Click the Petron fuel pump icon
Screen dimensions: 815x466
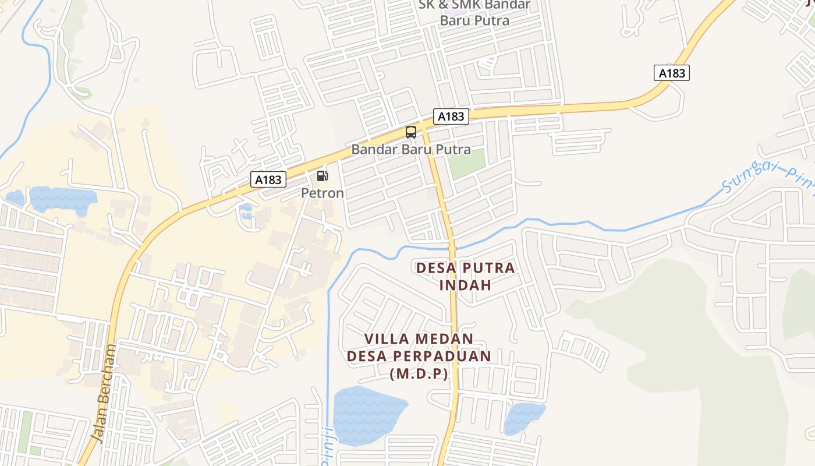[322, 176]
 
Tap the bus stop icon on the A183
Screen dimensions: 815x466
[411, 132]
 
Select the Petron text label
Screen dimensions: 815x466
[322, 193]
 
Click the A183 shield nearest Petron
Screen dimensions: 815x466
[268, 179]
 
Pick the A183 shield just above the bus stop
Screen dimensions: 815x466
[451, 116]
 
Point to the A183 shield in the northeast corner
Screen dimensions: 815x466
[672, 73]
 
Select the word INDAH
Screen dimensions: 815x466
[465, 285]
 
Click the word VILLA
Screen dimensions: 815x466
[385, 338]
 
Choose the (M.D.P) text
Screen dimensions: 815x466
[419, 374]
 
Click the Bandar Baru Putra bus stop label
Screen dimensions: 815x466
[411, 150]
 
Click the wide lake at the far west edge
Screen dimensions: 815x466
[61, 199]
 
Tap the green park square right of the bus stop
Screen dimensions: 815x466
[466, 164]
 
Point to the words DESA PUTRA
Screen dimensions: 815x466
[465, 268]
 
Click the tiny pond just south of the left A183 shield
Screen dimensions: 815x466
[246, 209]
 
